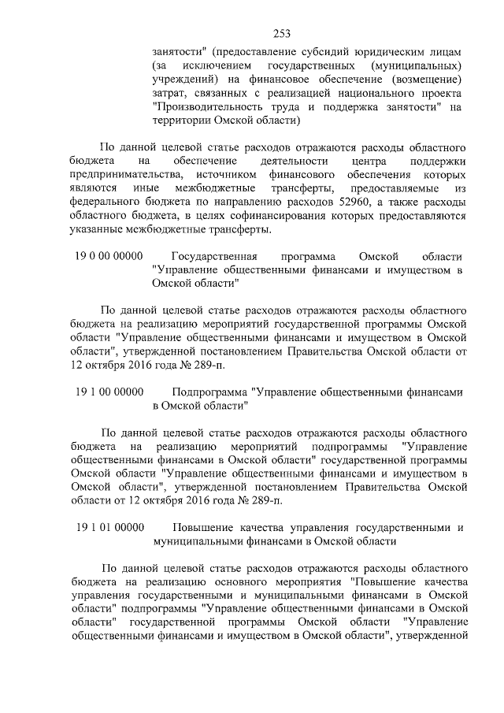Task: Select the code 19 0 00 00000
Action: coord(109,257)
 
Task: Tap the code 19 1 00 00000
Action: coord(109,392)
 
